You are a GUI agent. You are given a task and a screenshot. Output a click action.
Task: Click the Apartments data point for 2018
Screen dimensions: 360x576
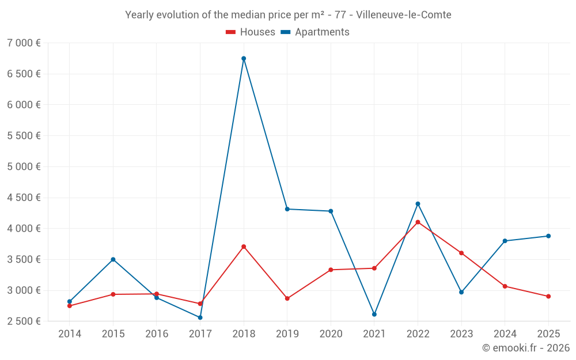coord(244,58)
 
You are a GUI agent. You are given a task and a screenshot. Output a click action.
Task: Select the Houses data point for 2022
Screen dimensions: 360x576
coord(418,222)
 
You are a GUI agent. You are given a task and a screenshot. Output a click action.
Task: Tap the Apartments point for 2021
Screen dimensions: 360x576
coord(374,314)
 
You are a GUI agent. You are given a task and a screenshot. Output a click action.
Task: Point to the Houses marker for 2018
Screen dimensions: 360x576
coord(244,247)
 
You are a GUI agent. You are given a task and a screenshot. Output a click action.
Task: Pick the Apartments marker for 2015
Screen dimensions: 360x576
coord(113,259)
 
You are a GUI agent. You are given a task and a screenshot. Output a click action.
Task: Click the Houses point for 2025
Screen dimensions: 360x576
coord(548,296)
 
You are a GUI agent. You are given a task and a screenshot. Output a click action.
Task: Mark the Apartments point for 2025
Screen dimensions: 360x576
coord(548,236)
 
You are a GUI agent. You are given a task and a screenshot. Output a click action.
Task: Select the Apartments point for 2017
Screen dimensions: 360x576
coord(200,317)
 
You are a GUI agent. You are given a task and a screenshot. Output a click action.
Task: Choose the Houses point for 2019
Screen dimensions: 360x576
coord(287,298)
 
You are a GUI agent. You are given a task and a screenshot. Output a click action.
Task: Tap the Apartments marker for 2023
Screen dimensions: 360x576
coord(461,292)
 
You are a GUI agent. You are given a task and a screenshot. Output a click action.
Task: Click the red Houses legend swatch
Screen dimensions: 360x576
coord(230,32)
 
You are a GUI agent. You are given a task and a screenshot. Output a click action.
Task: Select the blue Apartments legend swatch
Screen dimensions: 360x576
coord(285,32)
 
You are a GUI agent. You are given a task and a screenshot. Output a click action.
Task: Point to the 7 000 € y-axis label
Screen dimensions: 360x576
coord(24,43)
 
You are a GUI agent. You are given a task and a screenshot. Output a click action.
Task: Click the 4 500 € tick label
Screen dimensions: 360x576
coord(24,198)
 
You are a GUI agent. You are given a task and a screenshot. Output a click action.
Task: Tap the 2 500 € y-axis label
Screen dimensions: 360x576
coord(24,321)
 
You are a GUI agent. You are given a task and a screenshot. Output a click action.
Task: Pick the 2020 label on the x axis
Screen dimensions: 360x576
coord(331,334)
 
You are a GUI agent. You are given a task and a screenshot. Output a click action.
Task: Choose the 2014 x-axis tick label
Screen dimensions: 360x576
coord(70,334)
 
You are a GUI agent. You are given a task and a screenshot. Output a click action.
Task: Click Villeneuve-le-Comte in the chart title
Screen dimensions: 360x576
coord(404,14)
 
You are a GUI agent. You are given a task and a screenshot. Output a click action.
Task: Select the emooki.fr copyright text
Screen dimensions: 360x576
coord(525,348)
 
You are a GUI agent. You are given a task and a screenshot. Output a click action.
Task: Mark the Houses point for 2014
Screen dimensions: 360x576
coord(70,306)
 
